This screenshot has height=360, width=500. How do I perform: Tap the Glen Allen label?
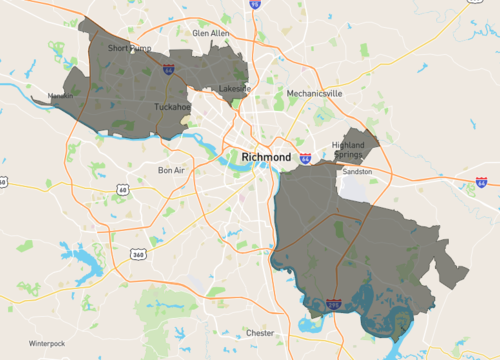[x=211, y=33]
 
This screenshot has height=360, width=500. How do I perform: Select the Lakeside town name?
[x=235, y=88]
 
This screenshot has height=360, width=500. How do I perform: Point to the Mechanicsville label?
[x=314, y=93]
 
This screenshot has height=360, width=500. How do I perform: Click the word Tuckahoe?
[x=172, y=106]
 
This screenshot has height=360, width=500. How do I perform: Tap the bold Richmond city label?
[x=266, y=158]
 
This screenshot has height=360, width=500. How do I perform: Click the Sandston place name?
[x=357, y=172]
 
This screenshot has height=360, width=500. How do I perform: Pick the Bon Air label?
[x=172, y=170]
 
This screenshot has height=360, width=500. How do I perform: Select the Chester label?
[x=260, y=333]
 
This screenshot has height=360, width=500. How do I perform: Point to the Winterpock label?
[x=46, y=343]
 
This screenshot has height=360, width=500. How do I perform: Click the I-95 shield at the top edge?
[x=254, y=4]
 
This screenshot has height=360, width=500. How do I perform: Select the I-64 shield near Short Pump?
[x=169, y=69]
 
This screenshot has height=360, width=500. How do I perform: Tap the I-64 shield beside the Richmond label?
[x=304, y=158]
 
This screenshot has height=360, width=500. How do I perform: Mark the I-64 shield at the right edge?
[x=482, y=182]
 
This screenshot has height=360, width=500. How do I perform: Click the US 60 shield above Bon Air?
[x=123, y=189]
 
